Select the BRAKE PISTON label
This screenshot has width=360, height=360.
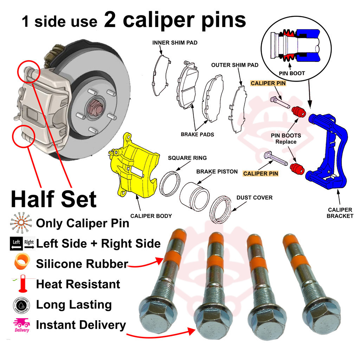[217, 172]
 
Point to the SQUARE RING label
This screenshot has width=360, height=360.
[187, 158]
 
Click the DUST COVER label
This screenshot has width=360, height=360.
[255, 198]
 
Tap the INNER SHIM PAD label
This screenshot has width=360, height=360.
[175, 43]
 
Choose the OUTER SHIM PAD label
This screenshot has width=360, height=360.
[235, 65]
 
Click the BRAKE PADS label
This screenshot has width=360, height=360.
[198, 135]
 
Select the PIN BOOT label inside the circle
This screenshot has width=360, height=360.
[292, 73]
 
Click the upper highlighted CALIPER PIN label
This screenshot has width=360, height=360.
[268, 83]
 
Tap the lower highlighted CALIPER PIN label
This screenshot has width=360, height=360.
[261, 174]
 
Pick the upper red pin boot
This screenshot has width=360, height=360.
[299, 111]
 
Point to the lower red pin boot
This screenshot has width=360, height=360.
[297, 169]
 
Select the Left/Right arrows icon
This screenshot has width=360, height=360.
[22, 243]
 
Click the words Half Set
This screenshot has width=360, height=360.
[54, 199]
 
